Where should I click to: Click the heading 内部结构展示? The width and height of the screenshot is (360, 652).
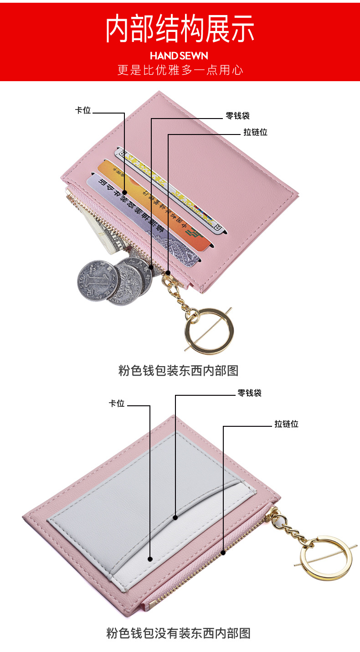[180, 29]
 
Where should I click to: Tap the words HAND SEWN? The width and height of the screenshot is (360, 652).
[179, 56]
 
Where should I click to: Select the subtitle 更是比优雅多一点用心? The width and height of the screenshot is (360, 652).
[180, 70]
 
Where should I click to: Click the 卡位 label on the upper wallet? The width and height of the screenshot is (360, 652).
[83, 110]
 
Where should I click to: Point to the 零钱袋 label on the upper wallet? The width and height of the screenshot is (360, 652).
[237, 116]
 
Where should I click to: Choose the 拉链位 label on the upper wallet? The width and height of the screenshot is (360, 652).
[255, 132]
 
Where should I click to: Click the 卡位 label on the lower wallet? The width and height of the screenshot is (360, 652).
[116, 403]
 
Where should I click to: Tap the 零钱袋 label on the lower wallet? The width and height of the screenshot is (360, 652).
[249, 393]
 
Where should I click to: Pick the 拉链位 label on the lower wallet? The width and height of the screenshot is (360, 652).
[286, 424]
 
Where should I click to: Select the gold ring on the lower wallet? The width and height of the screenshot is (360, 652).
[326, 558]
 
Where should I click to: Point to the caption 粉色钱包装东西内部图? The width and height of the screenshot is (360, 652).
[178, 370]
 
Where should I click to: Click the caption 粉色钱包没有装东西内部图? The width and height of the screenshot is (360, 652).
[178, 633]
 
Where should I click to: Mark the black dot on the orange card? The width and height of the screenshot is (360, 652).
[124, 193]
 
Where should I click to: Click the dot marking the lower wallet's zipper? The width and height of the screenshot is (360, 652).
[223, 553]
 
